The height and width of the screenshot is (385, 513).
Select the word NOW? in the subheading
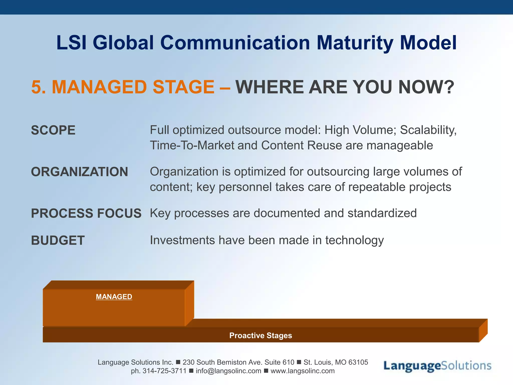pos(426,87)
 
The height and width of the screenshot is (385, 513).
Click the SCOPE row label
pos(53,130)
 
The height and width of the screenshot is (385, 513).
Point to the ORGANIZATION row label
pos(79,172)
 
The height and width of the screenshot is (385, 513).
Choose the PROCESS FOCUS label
pos(86,214)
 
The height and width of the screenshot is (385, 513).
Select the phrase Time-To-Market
pos(192,146)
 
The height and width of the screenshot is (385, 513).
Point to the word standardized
pos(382,213)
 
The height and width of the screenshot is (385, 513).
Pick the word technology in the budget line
pos(354,240)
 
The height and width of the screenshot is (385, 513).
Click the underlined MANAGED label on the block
pos(114,297)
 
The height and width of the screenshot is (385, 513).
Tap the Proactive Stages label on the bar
pos(261,335)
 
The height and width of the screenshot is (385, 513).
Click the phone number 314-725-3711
pos(164,371)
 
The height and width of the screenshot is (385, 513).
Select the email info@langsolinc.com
pos(228,371)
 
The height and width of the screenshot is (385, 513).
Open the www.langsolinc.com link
pos(302,371)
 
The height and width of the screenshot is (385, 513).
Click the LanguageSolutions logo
pos(437,366)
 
